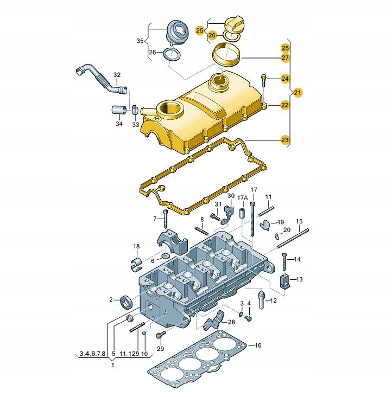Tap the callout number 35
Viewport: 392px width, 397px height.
tap(140, 41)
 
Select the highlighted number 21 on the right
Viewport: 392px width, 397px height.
tap(298, 93)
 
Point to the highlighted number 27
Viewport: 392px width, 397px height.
tap(285, 58)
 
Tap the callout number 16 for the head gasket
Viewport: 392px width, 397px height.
tap(258, 345)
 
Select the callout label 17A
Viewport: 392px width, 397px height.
tap(243, 197)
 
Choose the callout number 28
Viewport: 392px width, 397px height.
tap(232, 322)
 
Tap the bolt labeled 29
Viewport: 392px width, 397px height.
tap(160, 335)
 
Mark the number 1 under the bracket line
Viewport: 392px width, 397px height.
tap(112, 366)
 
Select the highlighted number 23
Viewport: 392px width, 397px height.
tap(285, 140)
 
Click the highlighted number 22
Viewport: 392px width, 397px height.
tap(285, 106)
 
